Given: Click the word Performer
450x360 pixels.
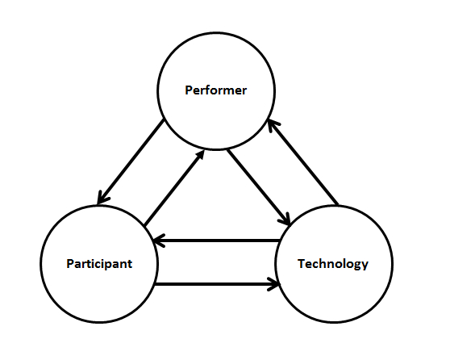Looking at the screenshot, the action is coord(216,90).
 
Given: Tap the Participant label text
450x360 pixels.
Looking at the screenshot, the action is coord(99,264).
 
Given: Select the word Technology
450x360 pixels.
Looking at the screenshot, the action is coord(333,264).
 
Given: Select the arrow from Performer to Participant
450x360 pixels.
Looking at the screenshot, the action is coord(131,161).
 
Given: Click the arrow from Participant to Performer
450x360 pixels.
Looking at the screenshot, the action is coord(174,187).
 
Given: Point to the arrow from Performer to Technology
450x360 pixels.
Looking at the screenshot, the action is coord(259,187).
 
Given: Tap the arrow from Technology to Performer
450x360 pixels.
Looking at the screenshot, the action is coord(302,162).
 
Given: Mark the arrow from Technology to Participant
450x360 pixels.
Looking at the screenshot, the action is coord(217,241).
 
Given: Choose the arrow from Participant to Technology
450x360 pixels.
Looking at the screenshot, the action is coord(217,284).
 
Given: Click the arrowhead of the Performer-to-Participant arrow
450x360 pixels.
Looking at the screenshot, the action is coord(102,199).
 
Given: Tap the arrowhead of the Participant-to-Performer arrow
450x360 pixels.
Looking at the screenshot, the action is coord(200,155).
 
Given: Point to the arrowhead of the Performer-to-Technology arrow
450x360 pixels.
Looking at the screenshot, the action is coord(285,220).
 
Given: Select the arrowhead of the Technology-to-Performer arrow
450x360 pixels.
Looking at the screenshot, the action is coord(272,126).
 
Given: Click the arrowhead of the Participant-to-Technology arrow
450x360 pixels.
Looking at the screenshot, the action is coord(275,284).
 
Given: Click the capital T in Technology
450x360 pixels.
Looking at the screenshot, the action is coord(302,263).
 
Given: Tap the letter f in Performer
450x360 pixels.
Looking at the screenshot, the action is coord(209,90).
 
